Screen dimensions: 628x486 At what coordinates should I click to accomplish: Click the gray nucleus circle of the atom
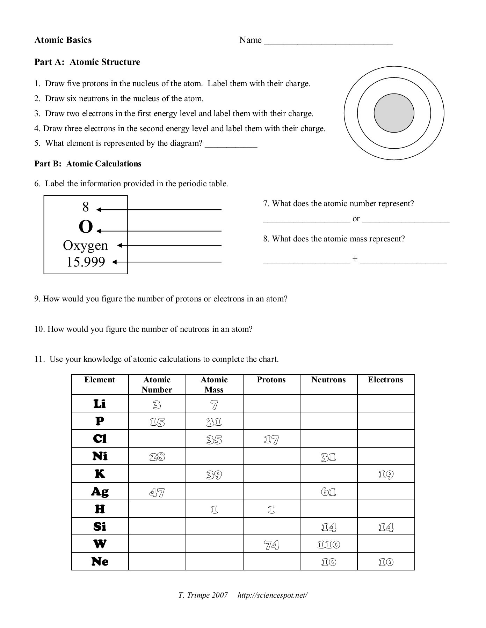[x=394, y=113]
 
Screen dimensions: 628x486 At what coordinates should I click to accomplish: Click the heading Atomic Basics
[x=63, y=40]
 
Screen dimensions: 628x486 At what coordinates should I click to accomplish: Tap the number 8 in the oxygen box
[x=86, y=207]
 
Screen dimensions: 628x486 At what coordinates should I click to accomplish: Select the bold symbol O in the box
[x=86, y=227]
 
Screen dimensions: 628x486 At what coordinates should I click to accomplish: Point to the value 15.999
[x=86, y=262]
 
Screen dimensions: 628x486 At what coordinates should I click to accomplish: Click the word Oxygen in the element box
[x=86, y=245]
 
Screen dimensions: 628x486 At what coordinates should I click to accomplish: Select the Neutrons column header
[x=328, y=380]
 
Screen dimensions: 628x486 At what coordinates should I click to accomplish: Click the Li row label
[x=100, y=404]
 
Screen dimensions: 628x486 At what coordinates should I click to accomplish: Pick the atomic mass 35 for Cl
[x=214, y=440]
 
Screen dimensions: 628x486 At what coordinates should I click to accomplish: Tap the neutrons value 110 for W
[x=328, y=545]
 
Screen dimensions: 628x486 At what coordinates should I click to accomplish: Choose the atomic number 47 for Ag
[x=157, y=492]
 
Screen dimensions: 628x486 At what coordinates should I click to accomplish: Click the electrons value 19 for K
[x=386, y=474]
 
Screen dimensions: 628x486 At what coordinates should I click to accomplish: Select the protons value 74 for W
[x=271, y=545]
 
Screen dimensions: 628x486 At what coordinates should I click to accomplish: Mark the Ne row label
[x=100, y=562]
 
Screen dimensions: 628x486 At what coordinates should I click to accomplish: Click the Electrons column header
[x=385, y=380]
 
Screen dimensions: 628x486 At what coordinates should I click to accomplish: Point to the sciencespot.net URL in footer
[x=273, y=595]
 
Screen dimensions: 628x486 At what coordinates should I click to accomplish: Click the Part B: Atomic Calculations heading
[x=88, y=164]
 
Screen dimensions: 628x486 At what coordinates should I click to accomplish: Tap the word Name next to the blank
[x=250, y=40]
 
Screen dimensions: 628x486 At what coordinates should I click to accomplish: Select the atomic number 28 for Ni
[x=157, y=457]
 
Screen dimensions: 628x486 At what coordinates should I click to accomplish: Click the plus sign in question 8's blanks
[x=355, y=259]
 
